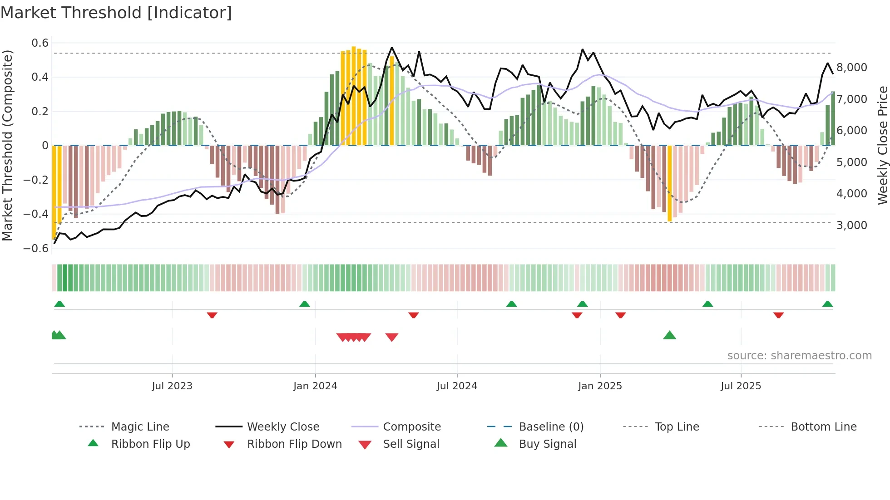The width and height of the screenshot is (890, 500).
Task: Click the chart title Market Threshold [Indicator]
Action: [x=116, y=13]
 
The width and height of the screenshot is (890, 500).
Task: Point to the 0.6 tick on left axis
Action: [x=40, y=43]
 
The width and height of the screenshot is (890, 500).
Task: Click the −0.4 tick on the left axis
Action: [x=36, y=214]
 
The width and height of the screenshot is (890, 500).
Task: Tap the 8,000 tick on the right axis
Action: [x=852, y=68]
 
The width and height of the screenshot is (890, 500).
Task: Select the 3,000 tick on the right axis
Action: [x=852, y=225]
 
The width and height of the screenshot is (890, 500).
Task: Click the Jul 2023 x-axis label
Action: [x=172, y=386]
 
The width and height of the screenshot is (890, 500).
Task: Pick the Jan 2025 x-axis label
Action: [x=600, y=386]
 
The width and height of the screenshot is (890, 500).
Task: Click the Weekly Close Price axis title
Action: [x=882, y=145]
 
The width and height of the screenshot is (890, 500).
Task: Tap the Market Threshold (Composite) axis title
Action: [x=7, y=145]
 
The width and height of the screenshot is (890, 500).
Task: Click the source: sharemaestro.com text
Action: [x=799, y=356]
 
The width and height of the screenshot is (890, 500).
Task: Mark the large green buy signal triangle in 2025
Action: [x=669, y=336]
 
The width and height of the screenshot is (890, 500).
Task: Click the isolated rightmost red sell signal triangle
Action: [x=391, y=337]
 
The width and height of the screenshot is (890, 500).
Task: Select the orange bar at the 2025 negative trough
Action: [x=669, y=183]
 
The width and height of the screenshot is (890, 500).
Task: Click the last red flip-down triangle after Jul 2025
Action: [x=778, y=315]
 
